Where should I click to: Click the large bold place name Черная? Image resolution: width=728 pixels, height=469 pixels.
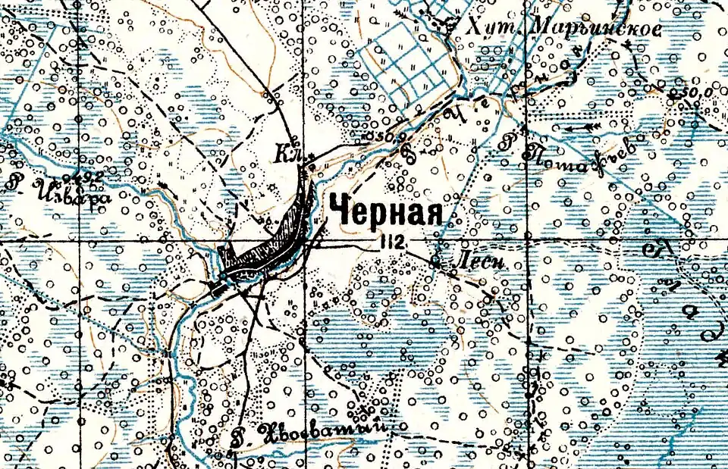(384, 211)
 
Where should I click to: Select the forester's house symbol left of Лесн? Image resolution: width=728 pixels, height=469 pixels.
(436, 262)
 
